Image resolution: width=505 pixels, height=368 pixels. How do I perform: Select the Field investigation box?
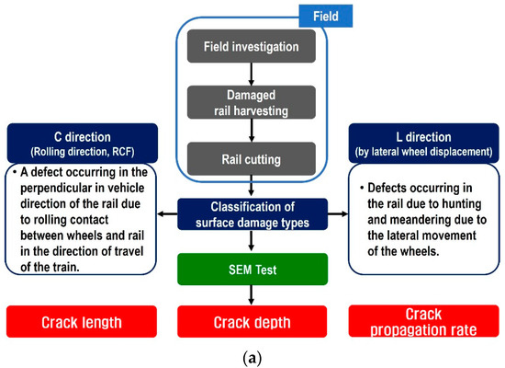tap(252, 44)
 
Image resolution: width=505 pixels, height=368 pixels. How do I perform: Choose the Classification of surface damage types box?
tap(252, 213)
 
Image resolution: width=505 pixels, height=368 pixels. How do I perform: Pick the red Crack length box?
tap(80, 322)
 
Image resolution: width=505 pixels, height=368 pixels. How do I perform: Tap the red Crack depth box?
tap(252, 322)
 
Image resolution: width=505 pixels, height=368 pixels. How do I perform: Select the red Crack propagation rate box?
tap(423, 322)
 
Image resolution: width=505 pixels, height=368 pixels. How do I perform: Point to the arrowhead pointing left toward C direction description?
tap(162, 213)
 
